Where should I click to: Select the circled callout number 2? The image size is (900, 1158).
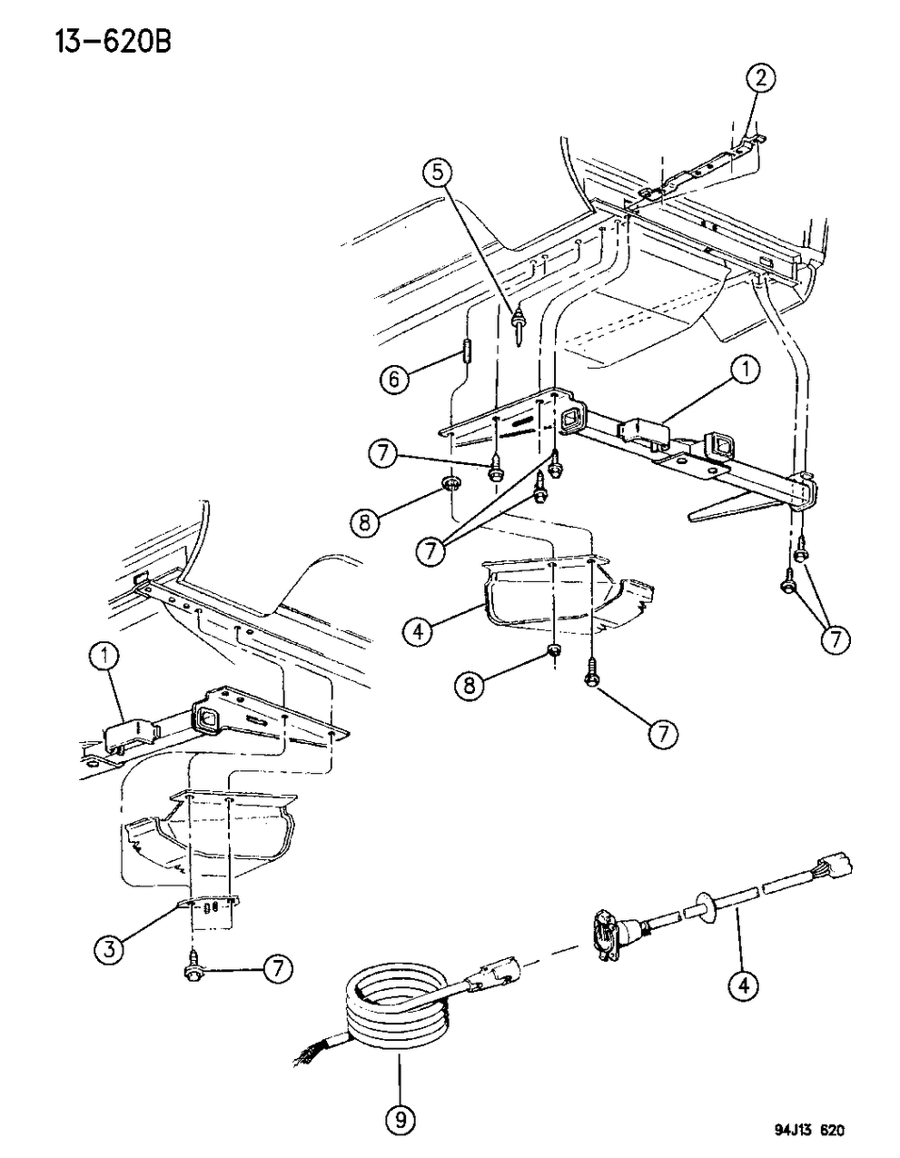(761, 79)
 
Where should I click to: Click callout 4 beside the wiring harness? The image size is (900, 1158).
(744, 984)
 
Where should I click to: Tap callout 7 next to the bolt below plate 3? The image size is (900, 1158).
(278, 971)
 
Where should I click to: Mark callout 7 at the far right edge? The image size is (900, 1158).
(835, 639)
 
